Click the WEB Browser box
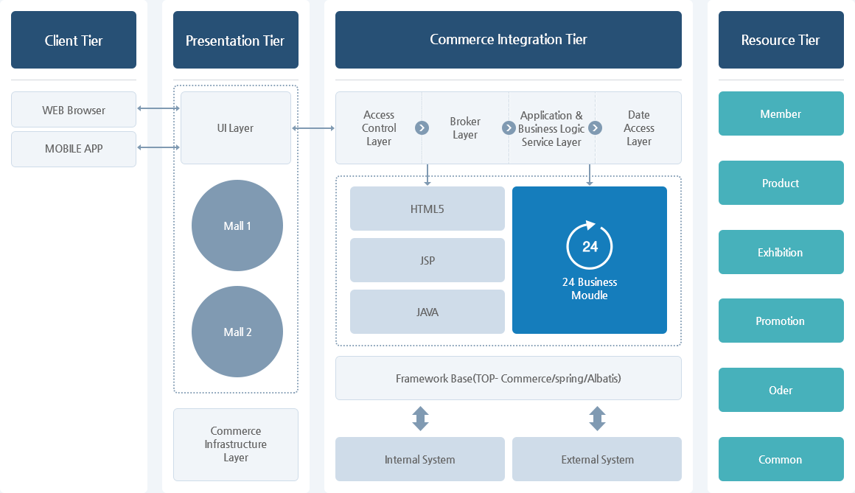(x=74, y=110)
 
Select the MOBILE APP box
(x=74, y=149)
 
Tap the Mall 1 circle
(x=237, y=225)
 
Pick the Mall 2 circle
(x=237, y=332)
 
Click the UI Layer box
(x=236, y=127)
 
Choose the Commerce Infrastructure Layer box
(x=236, y=444)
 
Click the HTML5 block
(x=427, y=209)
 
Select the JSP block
(x=427, y=260)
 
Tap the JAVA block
(x=427, y=312)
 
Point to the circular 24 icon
(x=590, y=246)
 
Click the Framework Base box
(x=509, y=378)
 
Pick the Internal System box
(x=420, y=459)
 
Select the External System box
(x=597, y=459)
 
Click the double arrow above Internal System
(x=420, y=419)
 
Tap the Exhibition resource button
(x=781, y=252)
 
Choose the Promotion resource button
(x=781, y=321)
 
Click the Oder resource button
(x=781, y=390)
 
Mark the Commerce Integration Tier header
(x=509, y=40)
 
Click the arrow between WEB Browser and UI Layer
(x=158, y=109)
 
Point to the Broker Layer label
(x=465, y=128)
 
